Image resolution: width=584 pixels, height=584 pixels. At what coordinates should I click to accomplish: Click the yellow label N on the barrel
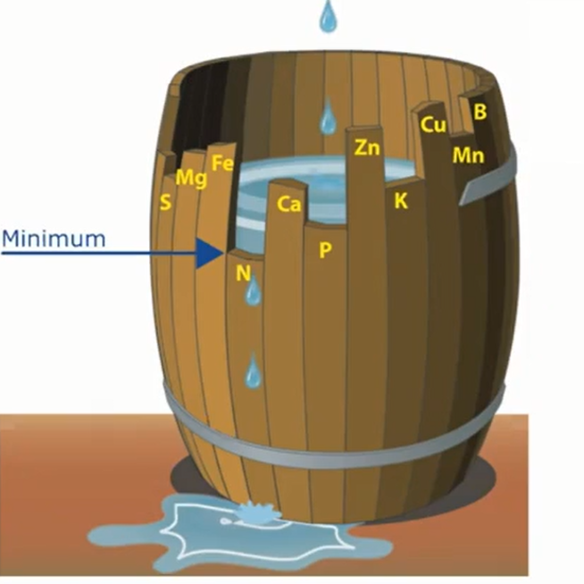click(x=243, y=273)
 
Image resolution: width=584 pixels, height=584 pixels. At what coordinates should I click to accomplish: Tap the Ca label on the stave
click(x=288, y=204)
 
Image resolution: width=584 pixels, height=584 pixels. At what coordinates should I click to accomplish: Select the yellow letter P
click(x=325, y=250)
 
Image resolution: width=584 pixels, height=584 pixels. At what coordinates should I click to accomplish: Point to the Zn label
click(x=367, y=147)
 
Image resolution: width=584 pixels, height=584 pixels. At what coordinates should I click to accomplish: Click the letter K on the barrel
click(x=401, y=201)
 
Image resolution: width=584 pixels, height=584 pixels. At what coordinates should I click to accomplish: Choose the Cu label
click(x=433, y=125)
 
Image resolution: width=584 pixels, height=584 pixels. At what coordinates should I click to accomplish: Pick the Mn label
click(x=468, y=155)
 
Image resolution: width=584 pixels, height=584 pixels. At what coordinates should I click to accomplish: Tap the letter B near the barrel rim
click(x=480, y=112)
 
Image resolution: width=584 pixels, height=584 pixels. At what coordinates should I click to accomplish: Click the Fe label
click(x=223, y=163)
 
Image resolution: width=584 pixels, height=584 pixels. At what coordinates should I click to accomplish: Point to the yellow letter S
click(x=164, y=203)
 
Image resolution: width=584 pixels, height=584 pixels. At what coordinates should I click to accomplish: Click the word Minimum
click(x=54, y=239)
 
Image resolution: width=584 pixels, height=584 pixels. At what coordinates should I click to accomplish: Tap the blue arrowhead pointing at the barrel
click(x=211, y=253)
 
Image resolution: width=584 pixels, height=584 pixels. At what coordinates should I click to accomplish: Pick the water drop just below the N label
click(x=254, y=291)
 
